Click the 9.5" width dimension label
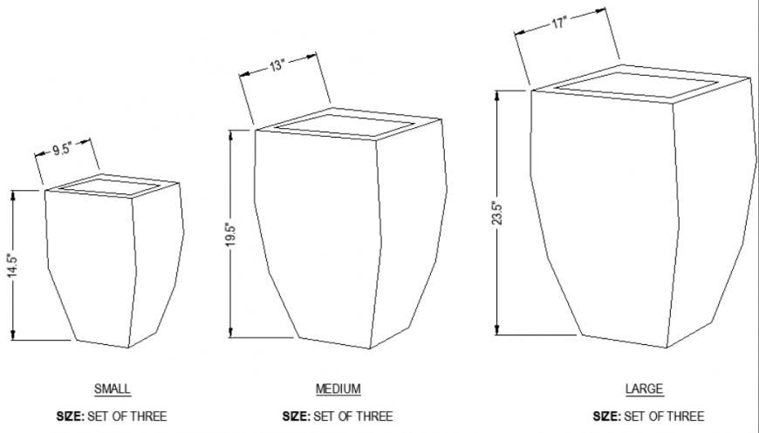[x=60, y=149]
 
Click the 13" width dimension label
[x=277, y=65]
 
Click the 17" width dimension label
[x=558, y=24]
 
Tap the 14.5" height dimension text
[x=11, y=266]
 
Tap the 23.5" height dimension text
[x=495, y=213]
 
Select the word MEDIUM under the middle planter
[x=338, y=389]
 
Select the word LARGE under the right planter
[x=644, y=389]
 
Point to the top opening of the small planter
[x=112, y=186]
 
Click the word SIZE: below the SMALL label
[x=69, y=416]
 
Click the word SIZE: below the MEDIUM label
[x=296, y=416]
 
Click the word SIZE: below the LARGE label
[x=606, y=416]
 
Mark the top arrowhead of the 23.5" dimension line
[x=496, y=94]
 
